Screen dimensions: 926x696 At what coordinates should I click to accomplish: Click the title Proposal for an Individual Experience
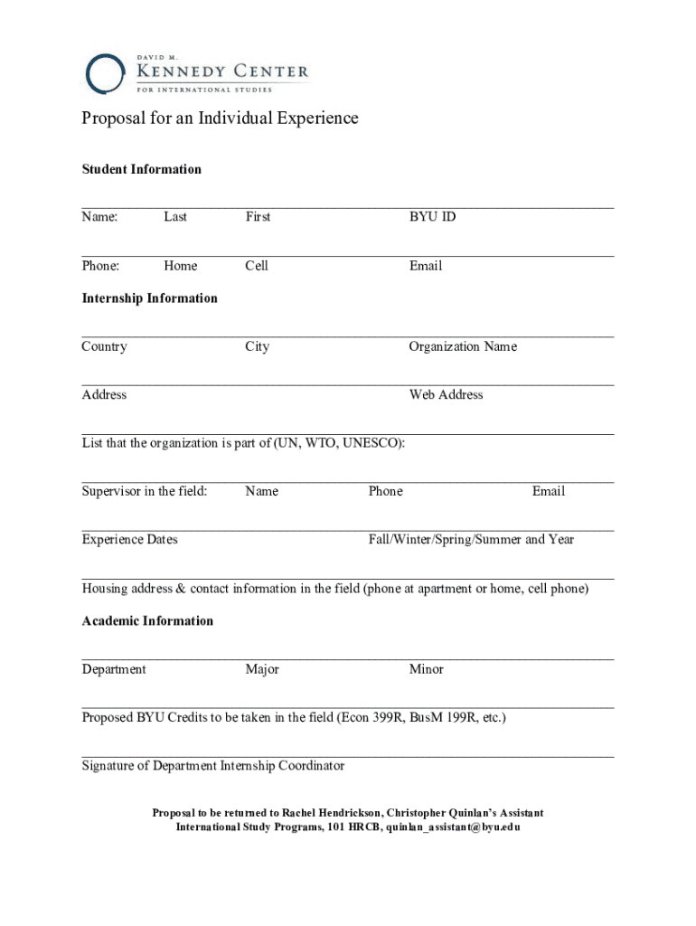220,118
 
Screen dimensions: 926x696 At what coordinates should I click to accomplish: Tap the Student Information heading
141,169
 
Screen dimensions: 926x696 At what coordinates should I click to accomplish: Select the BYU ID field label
432,217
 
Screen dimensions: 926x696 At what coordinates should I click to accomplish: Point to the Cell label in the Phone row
257,266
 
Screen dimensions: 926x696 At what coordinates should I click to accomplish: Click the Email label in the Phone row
425,266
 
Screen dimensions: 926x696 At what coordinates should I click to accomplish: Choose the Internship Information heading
149,298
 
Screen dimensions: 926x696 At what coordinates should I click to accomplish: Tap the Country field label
104,347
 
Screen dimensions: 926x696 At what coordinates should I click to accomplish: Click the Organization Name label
463,347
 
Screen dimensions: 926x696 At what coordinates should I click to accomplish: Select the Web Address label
446,395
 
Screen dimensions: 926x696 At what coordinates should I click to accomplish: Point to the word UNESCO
371,443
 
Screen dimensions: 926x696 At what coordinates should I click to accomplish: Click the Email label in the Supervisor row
548,492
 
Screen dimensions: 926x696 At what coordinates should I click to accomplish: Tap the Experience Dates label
129,540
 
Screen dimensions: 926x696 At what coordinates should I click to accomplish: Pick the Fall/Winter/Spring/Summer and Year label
471,540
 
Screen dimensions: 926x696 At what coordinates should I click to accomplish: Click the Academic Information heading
147,621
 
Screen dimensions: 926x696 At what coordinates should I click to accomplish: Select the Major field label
261,670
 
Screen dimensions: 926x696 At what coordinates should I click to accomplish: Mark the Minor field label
426,670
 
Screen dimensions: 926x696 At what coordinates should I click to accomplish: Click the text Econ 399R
371,718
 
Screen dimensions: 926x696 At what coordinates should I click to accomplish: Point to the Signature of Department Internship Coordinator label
212,767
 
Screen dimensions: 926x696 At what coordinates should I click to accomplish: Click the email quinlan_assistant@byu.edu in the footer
454,827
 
